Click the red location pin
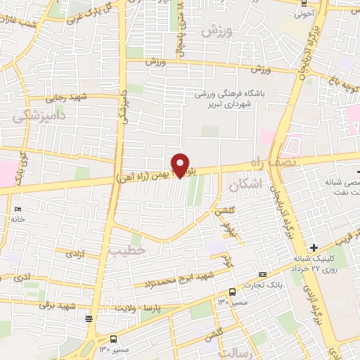click(181, 165)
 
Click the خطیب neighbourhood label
click(128, 250)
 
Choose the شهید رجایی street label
click(79, 98)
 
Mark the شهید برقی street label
click(56, 304)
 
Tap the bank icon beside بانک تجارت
click(263, 274)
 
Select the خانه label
click(18, 219)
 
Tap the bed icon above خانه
click(18, 209)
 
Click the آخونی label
click(304, 13)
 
